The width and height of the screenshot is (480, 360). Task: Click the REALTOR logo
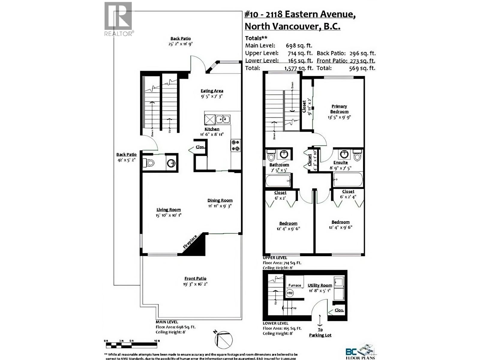click(118, 19)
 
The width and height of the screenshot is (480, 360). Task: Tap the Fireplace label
click(190, 242)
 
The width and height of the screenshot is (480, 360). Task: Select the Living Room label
click(169, 210)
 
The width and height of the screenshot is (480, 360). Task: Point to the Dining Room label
click(220, 200)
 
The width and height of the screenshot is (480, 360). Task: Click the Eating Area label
click(212, 91)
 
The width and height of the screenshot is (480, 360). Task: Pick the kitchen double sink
click(223, 119)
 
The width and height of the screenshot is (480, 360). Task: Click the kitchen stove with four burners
click(235, 145)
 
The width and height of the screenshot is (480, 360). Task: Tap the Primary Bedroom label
click(339, 109)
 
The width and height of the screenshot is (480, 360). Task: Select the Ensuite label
click(340, 163)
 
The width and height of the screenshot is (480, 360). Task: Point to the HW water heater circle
click(290, 293)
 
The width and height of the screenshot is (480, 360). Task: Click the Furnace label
click(295, 285)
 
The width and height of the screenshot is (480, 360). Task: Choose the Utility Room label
click(320, 285)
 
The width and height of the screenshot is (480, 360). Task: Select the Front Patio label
click(195, 278)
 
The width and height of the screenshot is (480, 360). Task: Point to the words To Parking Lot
click(320, 332)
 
